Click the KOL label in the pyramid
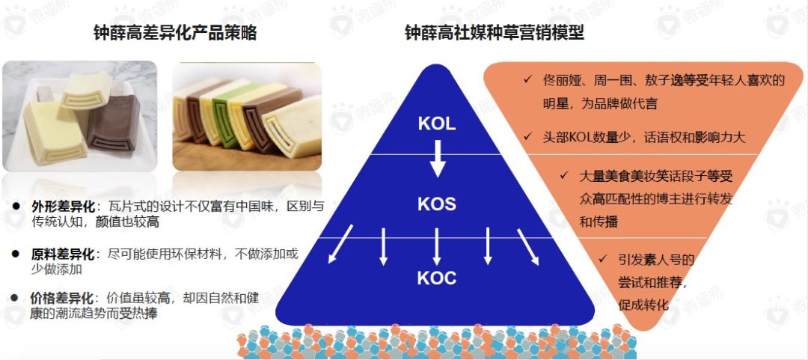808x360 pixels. coord(437,124)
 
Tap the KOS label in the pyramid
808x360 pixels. coord(437,204)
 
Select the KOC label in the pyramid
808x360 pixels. coord(437,278)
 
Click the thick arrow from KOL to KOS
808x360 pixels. coord(438,153)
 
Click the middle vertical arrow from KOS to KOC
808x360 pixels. coord(436,245)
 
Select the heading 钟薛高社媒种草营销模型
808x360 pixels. coord(495,33)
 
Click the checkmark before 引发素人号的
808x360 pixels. coord(602,260)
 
